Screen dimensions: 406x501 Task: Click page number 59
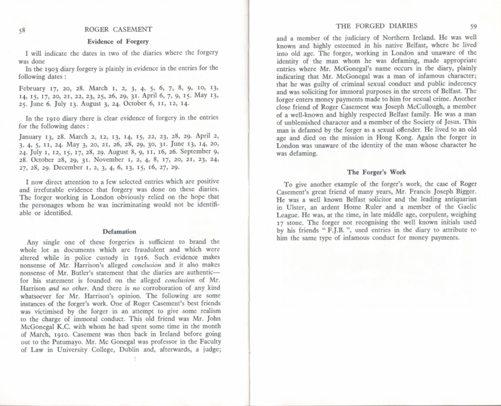[x=473, y=26]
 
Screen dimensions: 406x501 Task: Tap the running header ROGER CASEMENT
[x=118, y=28]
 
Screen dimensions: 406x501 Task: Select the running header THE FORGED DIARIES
[x=376, y=26]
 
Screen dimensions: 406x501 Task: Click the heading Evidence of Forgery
[x=118, y=42]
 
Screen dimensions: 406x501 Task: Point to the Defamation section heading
[x=119, y=231]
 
